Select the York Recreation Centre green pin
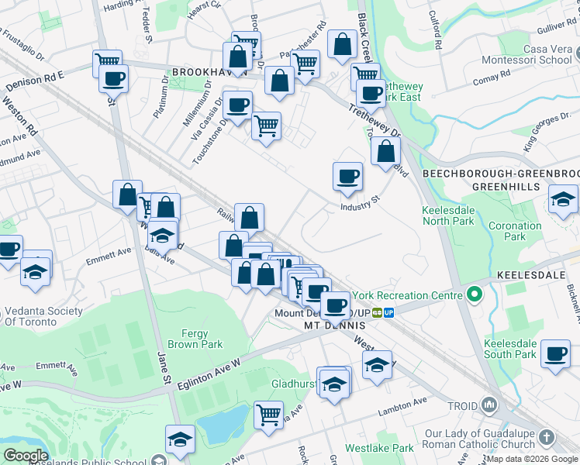(x=474, y=294)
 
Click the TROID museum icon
(x=489, y=405)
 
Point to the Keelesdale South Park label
(x=510, y=349)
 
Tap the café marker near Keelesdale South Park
(x=555, y=353)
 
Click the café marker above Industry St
(x=347, y=176)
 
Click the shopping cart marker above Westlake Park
(x=268, y=414)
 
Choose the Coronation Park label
(x=515, y=231)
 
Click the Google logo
(x=26, y=456)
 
